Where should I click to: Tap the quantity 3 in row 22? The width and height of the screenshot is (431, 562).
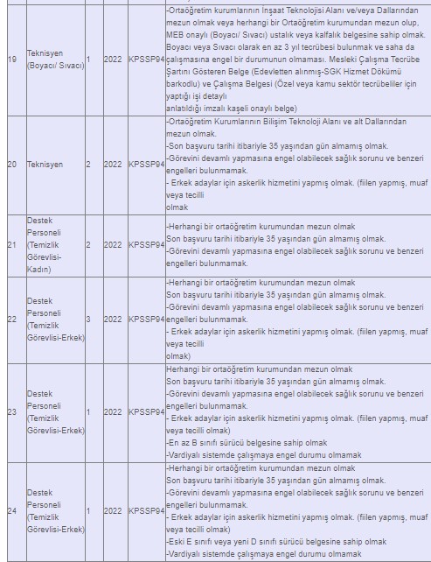tap(88, 320)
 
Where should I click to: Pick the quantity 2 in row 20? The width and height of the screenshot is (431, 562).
tap(88, 164)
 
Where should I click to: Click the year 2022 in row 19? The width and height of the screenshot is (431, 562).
tap(113, 60)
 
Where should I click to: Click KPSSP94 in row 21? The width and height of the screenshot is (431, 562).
tap(146, 244)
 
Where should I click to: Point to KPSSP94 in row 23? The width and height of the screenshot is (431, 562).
tap(146, 411)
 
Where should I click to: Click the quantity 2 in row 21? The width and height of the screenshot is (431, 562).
tap(88, 244)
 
